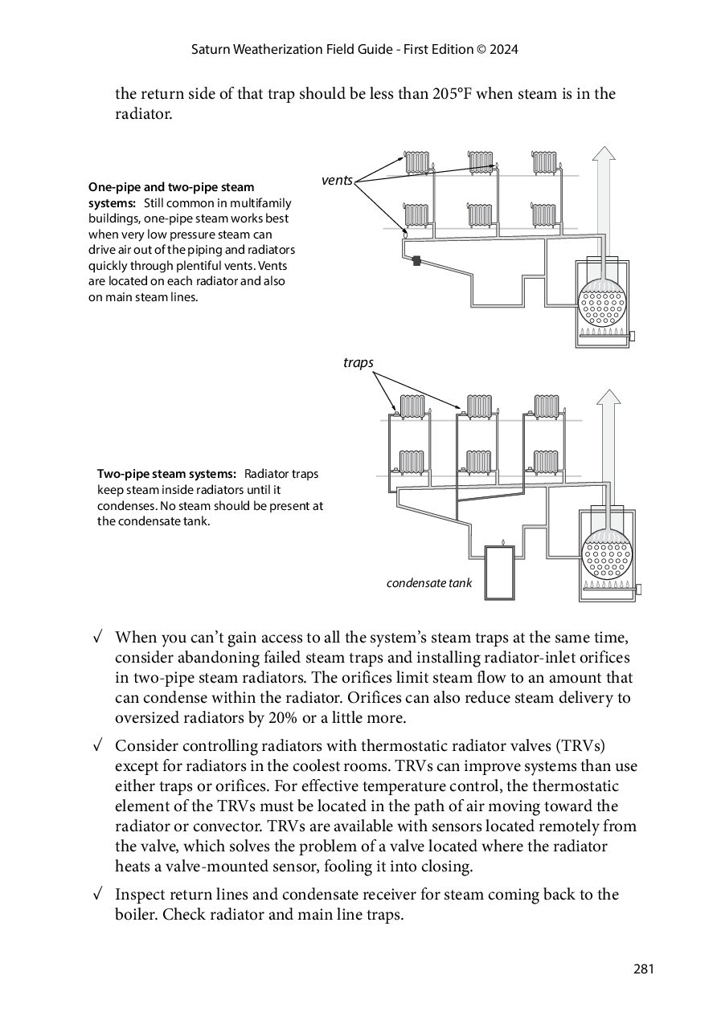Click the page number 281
(x=644, y=969)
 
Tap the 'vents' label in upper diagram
(x=337, y=181)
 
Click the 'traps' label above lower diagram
(x=358, y=363)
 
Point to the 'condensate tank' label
(x=429, y=583)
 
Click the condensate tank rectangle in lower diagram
(x=501, y=572)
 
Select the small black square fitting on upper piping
(x=416, y=260)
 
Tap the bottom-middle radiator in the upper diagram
(x=480, y=215)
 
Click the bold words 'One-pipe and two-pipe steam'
(x=171, y=187)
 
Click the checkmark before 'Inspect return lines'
(x=97, y=894)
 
